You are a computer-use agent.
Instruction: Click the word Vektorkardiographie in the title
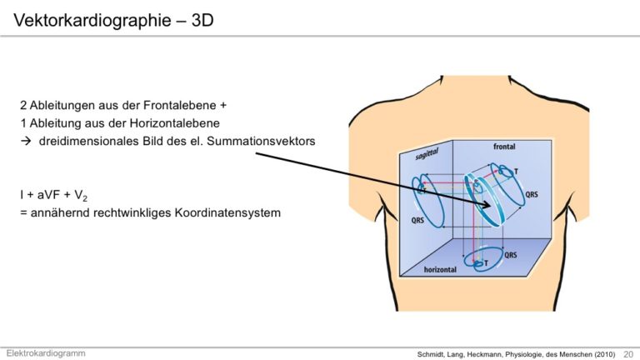click(92, 20)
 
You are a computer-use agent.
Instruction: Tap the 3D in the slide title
click(202, 20)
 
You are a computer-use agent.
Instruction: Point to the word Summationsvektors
click(261, 141)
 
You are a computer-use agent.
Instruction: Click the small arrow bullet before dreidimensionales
click(26, 141)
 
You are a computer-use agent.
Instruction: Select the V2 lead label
click(81, 196)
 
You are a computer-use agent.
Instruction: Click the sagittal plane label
click(427, 154)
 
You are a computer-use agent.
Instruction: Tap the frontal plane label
click(504, 147)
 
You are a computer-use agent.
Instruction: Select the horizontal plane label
click(440, 270)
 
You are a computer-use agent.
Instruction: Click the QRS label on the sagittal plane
click(417, 220)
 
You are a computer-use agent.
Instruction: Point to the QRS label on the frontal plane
click(532, 194)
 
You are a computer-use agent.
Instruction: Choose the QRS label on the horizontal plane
click(511, 255)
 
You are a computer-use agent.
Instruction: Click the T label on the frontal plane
click(516, 172)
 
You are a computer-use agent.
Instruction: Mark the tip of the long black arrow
click(491, 206)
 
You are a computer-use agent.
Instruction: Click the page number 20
click(628, 354)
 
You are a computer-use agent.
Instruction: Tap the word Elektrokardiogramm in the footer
click(46, 353)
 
